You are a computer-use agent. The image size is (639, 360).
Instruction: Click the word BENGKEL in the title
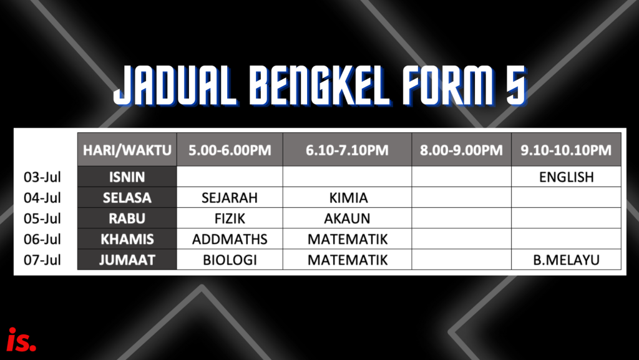click(319, 85)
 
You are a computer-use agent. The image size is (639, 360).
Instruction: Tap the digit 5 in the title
click(516, 85)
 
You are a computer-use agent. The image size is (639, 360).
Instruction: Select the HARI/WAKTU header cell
click(127, 150)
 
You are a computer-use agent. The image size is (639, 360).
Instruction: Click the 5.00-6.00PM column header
click(230, 150)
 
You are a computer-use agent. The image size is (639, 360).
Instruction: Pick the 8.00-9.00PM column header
click(461, 150)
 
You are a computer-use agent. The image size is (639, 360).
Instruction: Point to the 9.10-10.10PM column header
click(566, 150)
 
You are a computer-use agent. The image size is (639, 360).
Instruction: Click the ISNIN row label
click(127, 177)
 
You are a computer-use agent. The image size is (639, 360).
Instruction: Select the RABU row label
click(127, 218)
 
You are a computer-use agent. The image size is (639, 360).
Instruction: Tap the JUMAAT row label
click(127, 260)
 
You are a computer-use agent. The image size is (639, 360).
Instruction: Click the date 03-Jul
click(42, 177)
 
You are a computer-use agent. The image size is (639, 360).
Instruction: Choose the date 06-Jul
click(42, 239)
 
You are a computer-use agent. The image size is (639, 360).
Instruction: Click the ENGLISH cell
click(566, 177)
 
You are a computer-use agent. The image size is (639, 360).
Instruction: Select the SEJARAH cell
click(230, 198)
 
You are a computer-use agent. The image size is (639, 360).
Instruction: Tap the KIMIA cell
click(347, 198)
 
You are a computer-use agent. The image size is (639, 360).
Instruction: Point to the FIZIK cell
click(230, 218)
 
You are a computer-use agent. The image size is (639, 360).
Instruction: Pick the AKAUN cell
click(347, 218)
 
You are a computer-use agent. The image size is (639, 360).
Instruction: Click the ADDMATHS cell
click(230, 239)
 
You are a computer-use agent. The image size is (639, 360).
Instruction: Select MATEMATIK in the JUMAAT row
click(347, 260)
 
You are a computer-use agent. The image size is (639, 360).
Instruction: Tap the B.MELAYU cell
click(566, 260)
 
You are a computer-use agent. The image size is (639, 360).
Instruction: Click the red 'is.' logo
click(22, 339)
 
